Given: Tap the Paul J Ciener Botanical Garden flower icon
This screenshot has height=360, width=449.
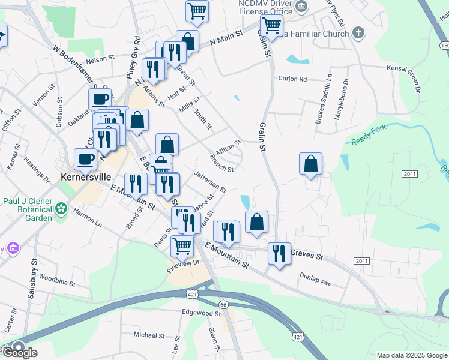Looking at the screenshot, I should pyautogui.click(x=61, y=209).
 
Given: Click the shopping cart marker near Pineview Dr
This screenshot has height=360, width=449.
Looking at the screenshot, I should pyautogui.click(x=181, y=245).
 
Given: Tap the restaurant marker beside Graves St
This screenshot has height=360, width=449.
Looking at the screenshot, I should pyautogui.click(x=279, y=253).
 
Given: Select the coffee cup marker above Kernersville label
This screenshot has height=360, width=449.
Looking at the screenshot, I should pyautogui.click(x=85, y=159).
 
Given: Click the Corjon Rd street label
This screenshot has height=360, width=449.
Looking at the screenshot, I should pyautogui.click(x=292, y=79).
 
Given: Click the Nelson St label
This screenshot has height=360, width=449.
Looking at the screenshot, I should pyautogui.click(x=100, y=59).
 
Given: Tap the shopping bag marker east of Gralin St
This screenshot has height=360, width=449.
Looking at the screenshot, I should pyautogui.click(x=310, y=163).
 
